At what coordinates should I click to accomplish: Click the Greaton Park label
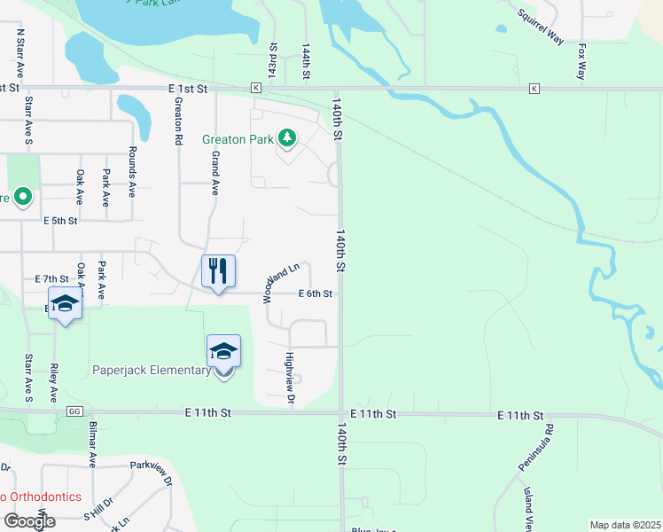coord(238,139)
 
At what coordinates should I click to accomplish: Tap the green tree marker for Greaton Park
coord(286,138)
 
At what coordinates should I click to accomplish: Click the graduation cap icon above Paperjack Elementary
coord(223,351)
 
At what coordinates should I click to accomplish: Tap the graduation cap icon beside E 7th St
coord(65,304)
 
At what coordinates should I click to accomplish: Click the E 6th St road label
coord(316,293)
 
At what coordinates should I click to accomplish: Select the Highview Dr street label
coord(289,373)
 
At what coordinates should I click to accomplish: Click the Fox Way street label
coord(581,63)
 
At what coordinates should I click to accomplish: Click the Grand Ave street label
coord(214,173)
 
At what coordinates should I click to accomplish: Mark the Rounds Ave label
coord(131,171)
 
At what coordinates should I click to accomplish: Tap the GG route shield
coord(74,412)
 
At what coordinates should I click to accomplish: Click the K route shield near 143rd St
coord(255,89)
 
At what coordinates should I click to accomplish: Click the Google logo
coord(29,521)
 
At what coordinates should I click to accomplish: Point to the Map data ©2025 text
coord(625,525)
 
